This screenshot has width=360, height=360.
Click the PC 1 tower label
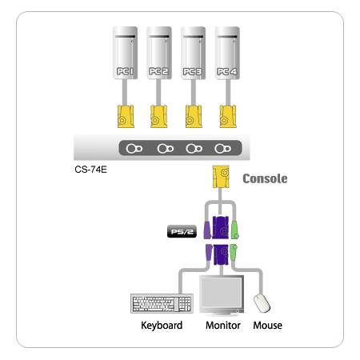coord(125,71)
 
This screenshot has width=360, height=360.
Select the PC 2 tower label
coord(158,71)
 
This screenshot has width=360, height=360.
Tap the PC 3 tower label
coord(193,71)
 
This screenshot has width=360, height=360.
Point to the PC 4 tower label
coord(226,71)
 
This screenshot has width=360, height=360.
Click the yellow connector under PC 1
coord(126,117)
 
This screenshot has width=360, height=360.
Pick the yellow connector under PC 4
coord(228,117)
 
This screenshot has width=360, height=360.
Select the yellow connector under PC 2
coord(158,117)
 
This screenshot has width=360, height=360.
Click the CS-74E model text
coord(90,170)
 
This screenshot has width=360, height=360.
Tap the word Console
coord(265,178)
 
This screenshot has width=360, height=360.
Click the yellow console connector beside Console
coord(221,177)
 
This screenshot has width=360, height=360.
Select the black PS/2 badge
coord(182,231)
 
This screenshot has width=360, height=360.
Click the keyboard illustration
coord(162,303)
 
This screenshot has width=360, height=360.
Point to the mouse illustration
coord(262,303)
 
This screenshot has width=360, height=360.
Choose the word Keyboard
coord(162,326)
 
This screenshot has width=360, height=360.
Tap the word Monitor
coord(223,326)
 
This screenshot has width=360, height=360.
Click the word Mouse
coord(267,326)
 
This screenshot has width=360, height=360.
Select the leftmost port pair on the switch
coord(134,149)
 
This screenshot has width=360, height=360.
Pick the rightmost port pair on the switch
coord(223,149)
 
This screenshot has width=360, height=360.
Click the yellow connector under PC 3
coord(194,117)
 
